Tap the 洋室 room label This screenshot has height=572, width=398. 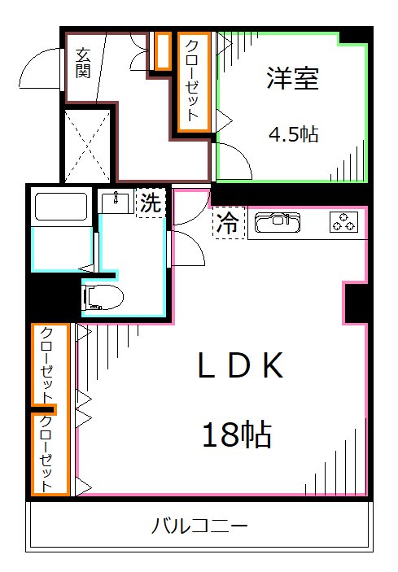(291, 79)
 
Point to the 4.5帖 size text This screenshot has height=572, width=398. (293, 135)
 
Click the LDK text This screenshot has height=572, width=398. (241, 368)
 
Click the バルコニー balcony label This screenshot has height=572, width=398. (199, 526)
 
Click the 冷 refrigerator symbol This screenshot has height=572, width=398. (229, 224)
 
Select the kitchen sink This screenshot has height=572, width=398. (278, 222)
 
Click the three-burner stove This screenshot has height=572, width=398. (345, 221)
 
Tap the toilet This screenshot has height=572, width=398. (103, 298)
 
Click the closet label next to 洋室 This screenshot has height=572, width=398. (194, 81)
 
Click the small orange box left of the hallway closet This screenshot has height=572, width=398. (162, 51)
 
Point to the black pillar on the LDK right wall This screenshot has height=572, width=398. (356, 303)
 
